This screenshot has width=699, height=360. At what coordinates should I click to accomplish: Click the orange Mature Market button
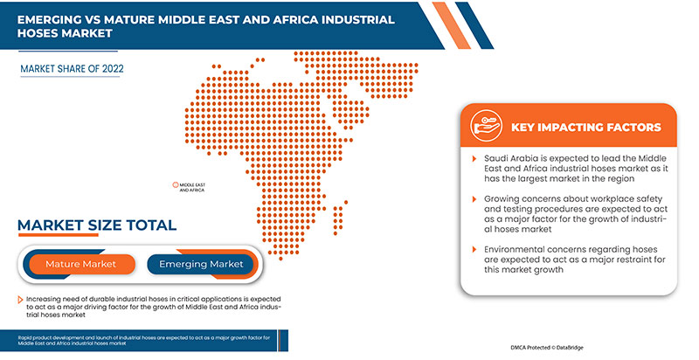pyautogui.click(x=80, y=263)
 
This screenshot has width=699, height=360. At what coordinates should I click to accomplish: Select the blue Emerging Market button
pyautogui.click(x=201, y=263)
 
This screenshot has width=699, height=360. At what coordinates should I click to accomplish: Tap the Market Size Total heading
pyautogui.click(x=96, y=225)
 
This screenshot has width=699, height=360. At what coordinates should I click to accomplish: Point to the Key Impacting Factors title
pyautogui.click(x=585, y=127)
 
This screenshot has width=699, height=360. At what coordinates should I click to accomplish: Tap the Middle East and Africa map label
pyautogui.click(x=192, y=187)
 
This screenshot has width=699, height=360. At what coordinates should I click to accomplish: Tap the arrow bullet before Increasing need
pyautogui.click(x=19, y=300)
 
